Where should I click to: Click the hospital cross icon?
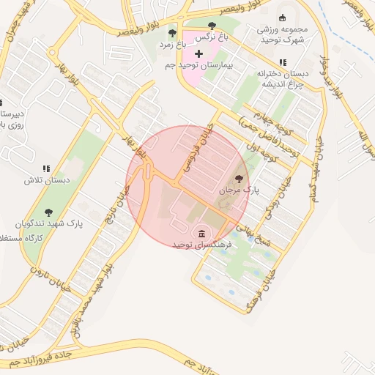point(198,53)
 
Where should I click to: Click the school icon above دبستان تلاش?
point(45,168)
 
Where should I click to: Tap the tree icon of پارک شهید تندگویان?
point(48,212)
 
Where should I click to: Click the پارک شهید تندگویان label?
point(48,225)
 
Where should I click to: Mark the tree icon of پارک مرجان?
point(238,178)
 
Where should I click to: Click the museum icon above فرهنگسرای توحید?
point(198,233)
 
